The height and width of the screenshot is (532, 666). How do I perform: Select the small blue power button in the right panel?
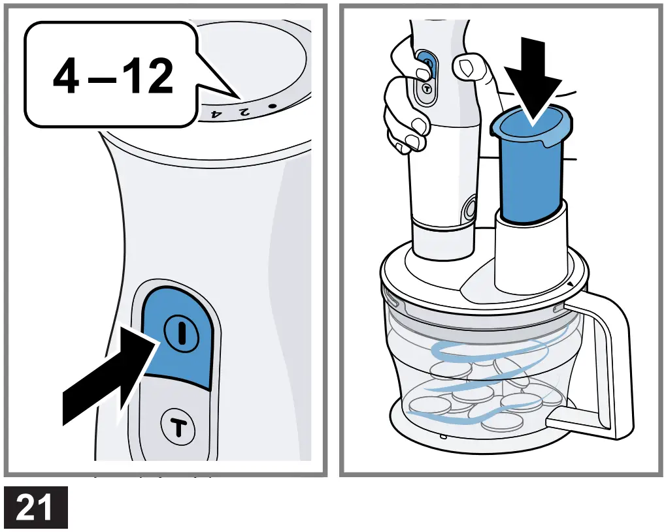[427, 64]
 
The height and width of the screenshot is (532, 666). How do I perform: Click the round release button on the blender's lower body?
[469, 210]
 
